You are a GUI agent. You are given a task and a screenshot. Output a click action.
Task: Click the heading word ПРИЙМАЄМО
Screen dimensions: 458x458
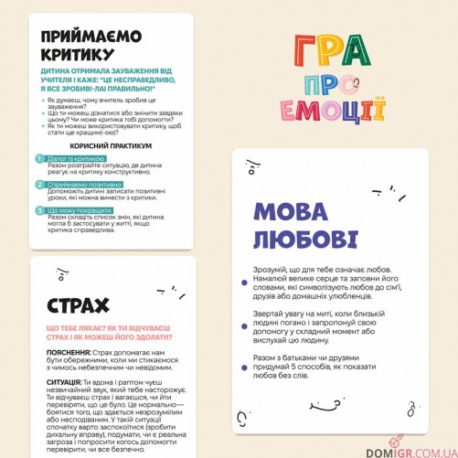pos(91,36)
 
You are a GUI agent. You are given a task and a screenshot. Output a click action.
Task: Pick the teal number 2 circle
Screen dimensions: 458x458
pos(40,184)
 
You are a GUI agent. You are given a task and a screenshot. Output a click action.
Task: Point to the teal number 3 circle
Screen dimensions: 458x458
pos(40,209)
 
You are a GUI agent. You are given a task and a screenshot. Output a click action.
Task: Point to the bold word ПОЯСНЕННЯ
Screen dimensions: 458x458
pos(69,353)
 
